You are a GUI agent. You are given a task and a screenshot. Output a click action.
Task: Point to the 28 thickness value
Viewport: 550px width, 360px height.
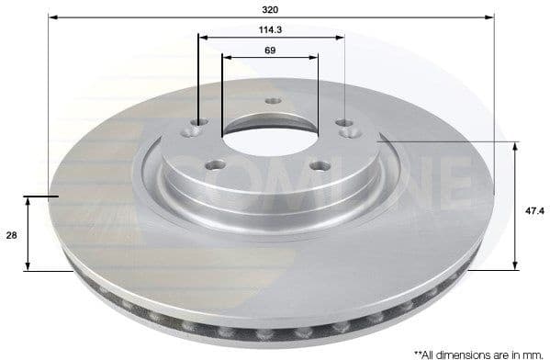click(x=12, y=236)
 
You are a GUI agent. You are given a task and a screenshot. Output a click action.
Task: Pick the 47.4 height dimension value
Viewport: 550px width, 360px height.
click(x=532, y=209)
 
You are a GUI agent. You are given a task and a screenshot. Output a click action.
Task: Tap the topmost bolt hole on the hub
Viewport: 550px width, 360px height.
click(x=271, y=101)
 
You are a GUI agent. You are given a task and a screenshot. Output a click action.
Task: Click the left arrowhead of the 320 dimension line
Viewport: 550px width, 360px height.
click(x=52, y=17)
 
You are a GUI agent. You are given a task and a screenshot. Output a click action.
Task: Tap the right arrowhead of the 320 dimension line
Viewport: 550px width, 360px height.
click(x=491, y=17)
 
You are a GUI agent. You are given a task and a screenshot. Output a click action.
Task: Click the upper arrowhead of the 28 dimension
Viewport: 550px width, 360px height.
click(x=29, y=201)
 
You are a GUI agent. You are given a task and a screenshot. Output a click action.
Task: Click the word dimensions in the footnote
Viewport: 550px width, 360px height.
click(x=463, y=352)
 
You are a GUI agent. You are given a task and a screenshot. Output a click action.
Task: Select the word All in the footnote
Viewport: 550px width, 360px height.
click(x=432, y=352)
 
